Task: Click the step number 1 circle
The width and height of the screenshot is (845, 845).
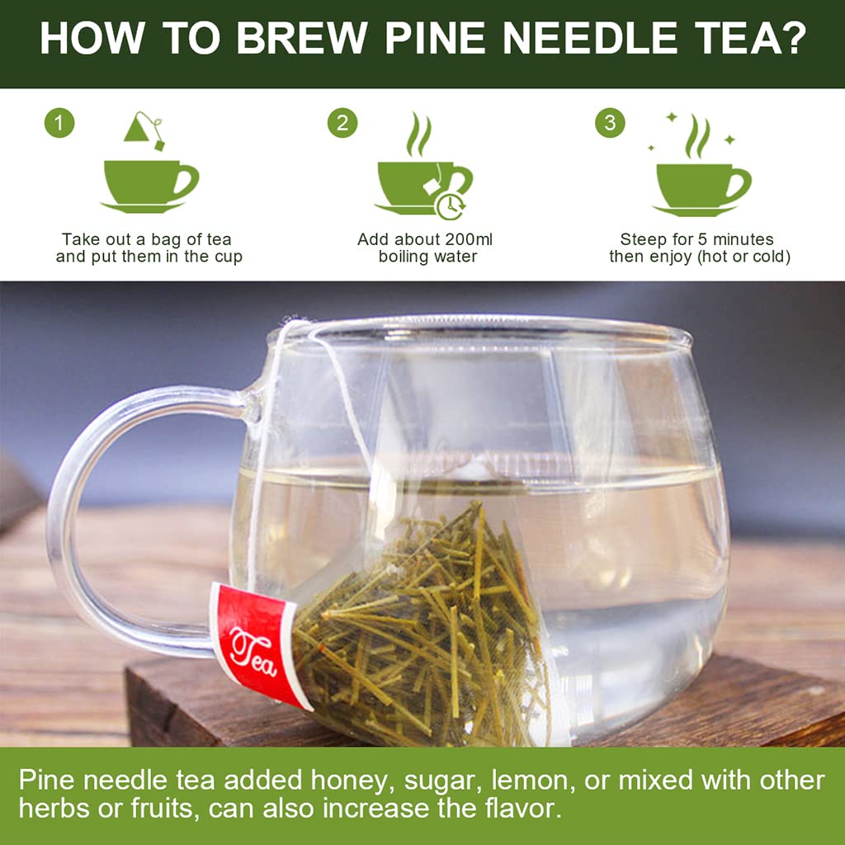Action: pyautogui.click(x=59, y=123)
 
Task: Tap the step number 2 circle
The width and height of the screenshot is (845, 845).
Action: pyautogui.click(x=342, y=123)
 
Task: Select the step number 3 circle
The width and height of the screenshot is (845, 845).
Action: pyautogui.click(x=610, y=123)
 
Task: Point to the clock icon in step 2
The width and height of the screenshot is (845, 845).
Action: pyautogui.click(x=451, y=205)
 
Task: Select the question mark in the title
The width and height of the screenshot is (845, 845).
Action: pyautogui.click(x=793, y=38)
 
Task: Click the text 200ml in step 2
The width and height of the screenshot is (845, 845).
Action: pyautogui.click(x=465, y=239)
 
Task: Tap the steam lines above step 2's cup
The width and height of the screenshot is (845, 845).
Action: pyautogui.click(x=418, y=135)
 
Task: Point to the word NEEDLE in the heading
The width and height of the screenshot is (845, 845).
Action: pyautogui.click(x=590, y=38)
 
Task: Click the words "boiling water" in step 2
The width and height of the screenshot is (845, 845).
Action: pyautogui.click(x=427, y=257)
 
